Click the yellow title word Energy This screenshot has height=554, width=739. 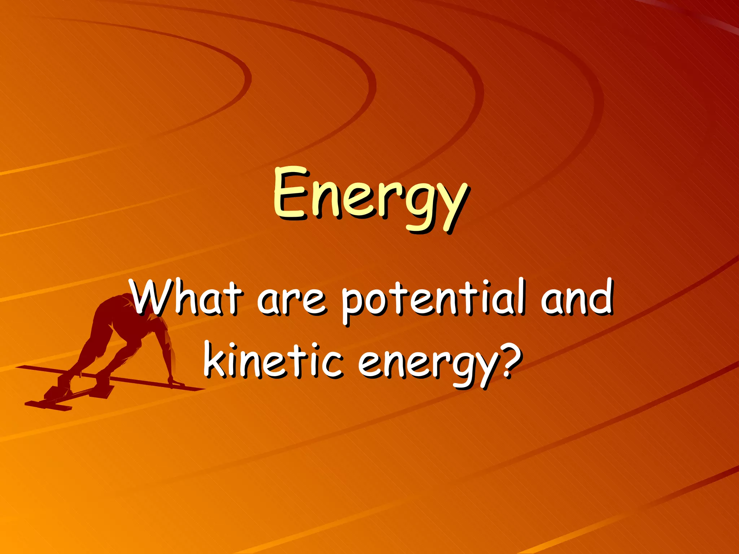371,198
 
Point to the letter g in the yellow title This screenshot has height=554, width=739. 419,206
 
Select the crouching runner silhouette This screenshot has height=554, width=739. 119,343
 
